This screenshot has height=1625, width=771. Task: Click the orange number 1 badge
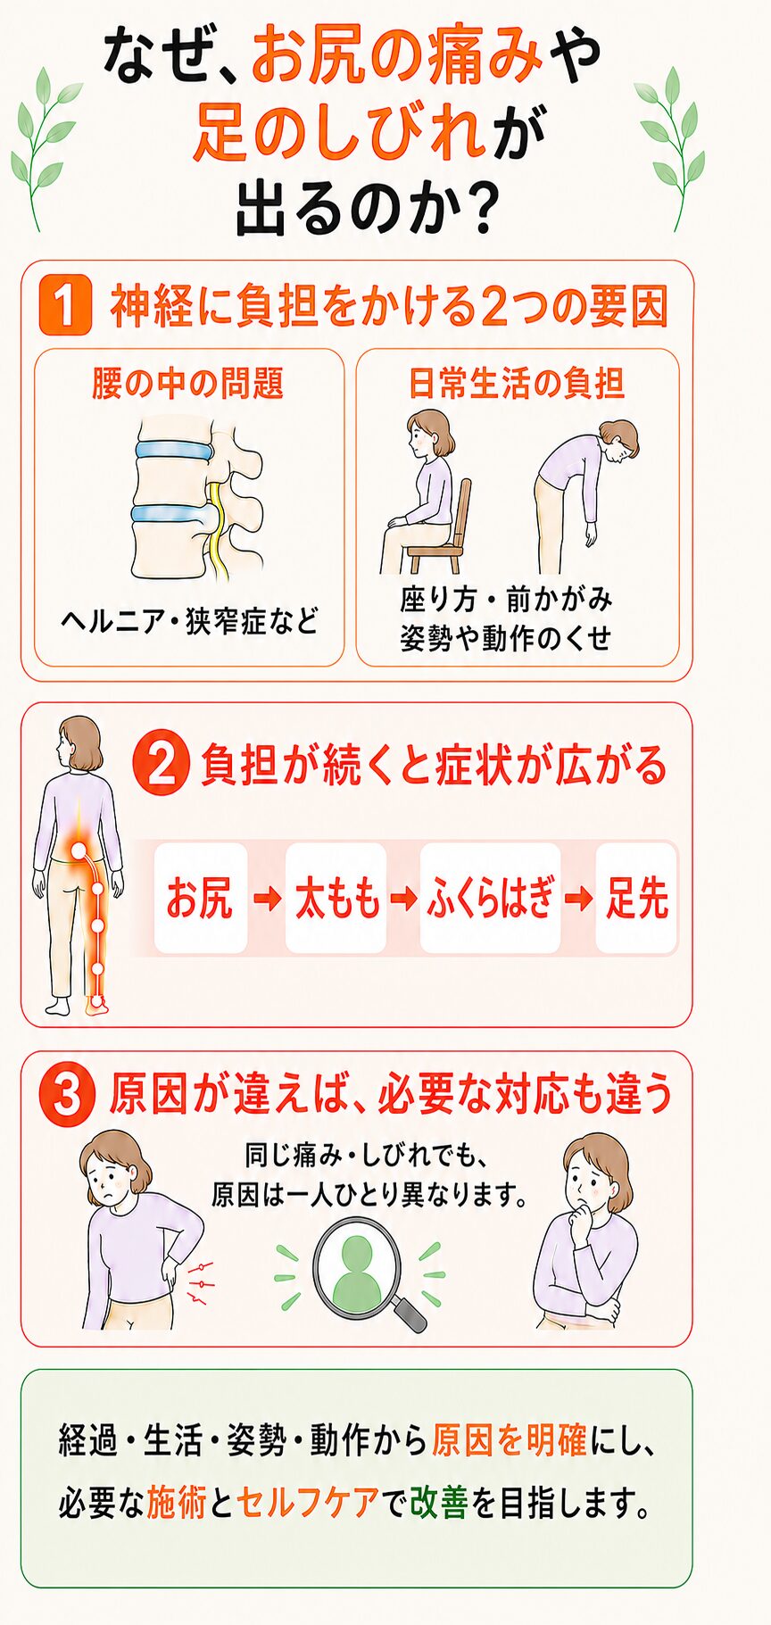[65, 305]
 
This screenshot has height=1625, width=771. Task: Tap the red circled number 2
[161, 765]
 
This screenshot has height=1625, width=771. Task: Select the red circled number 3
[67, 1096]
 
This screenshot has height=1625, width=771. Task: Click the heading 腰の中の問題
[188, 384]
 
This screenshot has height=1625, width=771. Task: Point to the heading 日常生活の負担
[517, 384]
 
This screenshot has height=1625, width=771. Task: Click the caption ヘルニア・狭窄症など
[189, 621]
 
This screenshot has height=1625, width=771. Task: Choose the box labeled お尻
[200, 898]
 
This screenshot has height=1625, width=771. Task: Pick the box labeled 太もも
[336, 898]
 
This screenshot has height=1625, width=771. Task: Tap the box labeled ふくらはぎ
[491, 898]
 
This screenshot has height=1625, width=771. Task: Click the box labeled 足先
[636, 898]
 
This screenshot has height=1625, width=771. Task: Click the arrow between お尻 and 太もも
[267, 899]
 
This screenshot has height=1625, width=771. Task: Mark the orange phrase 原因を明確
[509, 1440]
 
